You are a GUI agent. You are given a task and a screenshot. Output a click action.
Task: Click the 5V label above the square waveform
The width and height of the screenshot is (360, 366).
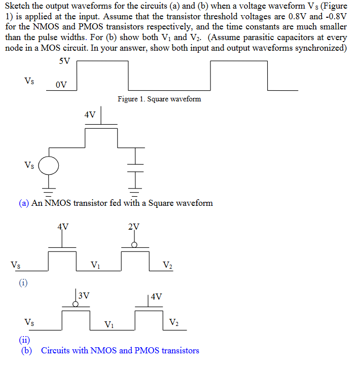coord(64,61)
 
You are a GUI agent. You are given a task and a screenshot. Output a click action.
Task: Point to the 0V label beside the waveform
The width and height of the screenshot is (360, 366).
coord(61,85)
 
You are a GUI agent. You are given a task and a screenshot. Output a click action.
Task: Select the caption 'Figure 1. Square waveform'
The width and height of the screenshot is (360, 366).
coord(159,99)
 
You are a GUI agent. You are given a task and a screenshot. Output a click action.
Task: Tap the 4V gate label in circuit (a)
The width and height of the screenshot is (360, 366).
coord(90,115)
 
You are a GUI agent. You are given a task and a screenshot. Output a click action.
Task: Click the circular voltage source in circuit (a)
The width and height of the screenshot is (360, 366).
coord(49,165)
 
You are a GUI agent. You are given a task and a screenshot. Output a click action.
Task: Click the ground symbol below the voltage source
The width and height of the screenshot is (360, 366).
coord(49,191)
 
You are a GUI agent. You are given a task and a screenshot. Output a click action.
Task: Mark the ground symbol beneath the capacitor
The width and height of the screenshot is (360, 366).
coord(135,191)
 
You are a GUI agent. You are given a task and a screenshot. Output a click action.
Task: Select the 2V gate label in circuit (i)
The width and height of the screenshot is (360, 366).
coord(134,227)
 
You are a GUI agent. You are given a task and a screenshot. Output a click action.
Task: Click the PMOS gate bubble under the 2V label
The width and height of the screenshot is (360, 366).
coord(134,244)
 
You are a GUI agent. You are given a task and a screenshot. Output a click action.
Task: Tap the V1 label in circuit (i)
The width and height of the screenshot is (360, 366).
coord(95,264)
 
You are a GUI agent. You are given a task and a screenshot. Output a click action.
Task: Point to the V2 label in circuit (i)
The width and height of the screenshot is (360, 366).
coord(167,264)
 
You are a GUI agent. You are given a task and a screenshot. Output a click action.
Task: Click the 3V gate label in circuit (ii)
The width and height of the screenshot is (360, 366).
coord(84,295)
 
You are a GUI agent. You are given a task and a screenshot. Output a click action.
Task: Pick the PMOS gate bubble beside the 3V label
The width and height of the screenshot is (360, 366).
coord(76,304)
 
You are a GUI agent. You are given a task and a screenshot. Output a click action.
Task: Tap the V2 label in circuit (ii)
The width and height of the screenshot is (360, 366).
coord(173,322)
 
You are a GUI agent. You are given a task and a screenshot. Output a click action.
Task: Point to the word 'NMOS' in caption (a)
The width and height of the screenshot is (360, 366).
coord(58,203)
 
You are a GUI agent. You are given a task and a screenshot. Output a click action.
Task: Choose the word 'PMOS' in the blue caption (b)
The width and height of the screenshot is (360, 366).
coord(146,350)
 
